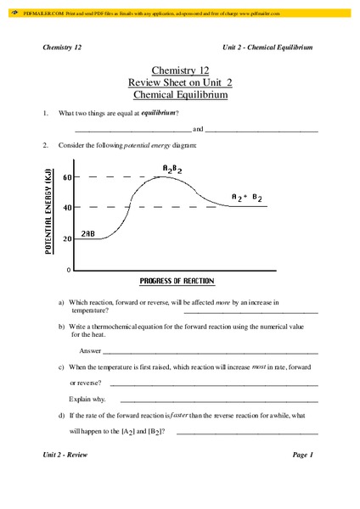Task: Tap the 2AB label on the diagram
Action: pyautogui.click(x=89, y=232)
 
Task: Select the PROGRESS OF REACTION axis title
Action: pyautogui.click(x=176, y=282)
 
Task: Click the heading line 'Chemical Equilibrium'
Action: pyautogui.click(x=179, y=95)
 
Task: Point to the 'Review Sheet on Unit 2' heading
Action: pyautogui.click(x=179, y=83)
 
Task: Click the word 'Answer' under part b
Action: pyautogui.click(x=90, y=350)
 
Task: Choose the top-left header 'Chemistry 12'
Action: pyautogui.click(x=62, y=47)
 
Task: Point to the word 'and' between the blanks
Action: pyautogui.click(x=198, y=130)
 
